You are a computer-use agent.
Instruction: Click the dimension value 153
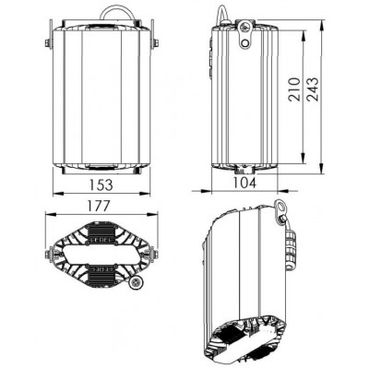click(101, 184)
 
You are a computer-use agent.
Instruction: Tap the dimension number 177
click(98, 206)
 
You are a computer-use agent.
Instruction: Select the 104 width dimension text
click(244, 183)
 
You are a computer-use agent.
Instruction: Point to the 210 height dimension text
click(294, 89)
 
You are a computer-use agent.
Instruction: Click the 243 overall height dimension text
click(313, 89)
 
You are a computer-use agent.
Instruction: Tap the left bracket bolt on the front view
click(48, 43)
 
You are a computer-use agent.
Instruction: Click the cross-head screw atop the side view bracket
click(245, 27)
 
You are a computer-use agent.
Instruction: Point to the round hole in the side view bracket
click(245, 43)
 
